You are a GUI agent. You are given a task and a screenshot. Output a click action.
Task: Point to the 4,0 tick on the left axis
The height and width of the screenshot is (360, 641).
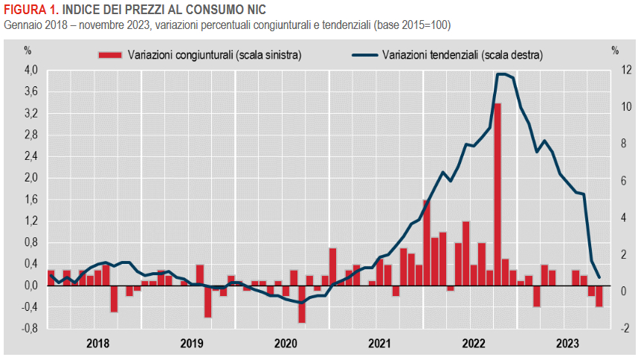tap(31, 71)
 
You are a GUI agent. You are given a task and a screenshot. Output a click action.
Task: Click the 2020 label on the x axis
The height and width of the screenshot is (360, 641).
tap(286, 343)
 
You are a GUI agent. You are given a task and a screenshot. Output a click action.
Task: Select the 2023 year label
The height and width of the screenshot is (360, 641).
tap(568, 343)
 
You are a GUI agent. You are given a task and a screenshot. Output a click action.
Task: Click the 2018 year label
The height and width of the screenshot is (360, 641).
tap(98, 343)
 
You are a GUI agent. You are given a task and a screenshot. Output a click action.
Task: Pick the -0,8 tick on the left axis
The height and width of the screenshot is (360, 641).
tap(30, 328)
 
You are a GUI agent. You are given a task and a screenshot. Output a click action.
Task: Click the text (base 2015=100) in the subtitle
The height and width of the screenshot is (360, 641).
tap(408, 25)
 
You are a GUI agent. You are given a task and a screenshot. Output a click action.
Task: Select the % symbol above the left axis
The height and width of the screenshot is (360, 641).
tap(28, 51)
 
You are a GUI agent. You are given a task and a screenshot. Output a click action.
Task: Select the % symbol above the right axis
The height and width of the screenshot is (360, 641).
tap(615, 51)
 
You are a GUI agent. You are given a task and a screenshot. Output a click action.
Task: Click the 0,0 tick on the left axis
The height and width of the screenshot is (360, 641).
tap(31, 285)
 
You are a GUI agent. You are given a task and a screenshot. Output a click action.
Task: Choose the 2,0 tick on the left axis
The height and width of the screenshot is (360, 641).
tap(31, 178)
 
